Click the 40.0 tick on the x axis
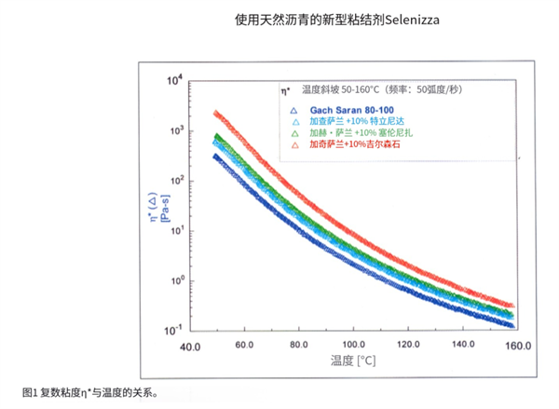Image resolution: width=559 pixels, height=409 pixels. click(x=191, y=346)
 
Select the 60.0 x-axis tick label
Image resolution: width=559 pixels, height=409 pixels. click(x=245, y=346)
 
